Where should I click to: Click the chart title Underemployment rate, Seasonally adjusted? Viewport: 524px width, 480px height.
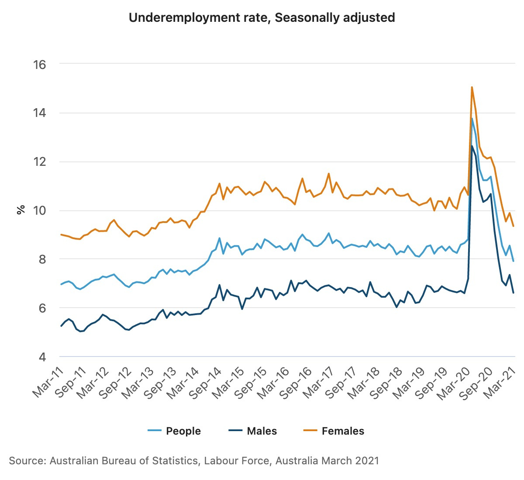(x=262, y=18)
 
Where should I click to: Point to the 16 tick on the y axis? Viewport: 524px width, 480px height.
(x=39, y=65)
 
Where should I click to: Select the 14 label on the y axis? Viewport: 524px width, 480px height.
(x=39, y=113)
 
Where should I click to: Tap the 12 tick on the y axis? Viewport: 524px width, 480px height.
(x=39, y=162)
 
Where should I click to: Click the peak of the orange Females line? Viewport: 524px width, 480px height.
(x=472, y=87)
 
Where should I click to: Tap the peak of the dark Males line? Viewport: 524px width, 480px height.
(x=472, y=146)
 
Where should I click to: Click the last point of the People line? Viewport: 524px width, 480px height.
(x=514, y=261)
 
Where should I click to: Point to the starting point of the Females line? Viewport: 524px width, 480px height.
(x=61, y=234)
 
